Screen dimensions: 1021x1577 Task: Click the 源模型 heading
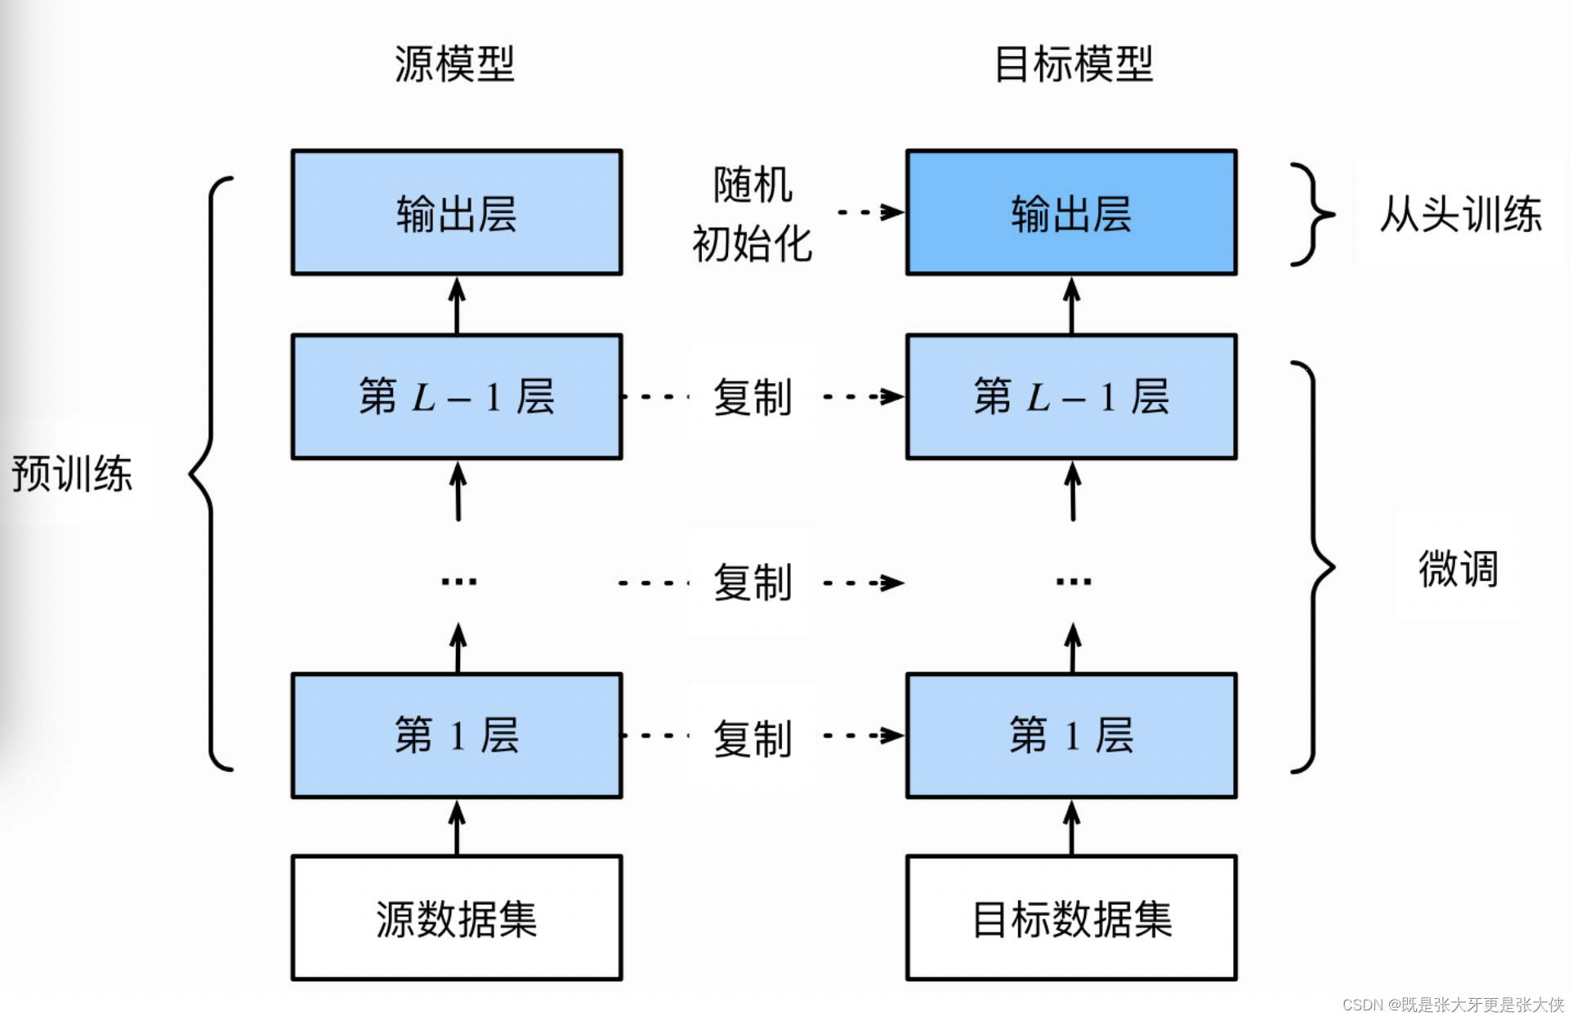454,64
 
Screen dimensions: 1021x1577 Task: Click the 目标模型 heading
1073,64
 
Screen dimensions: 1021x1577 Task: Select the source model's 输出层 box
457,212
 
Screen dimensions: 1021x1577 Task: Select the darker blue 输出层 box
1071,212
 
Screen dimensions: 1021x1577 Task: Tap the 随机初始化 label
752,214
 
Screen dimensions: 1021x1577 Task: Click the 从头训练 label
1460,214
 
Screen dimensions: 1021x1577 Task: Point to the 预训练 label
72,474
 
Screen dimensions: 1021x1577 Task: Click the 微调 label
1459,568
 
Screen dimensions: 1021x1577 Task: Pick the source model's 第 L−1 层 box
457,397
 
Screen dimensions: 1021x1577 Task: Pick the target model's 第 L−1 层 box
1071,397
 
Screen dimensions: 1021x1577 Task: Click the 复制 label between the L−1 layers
753,397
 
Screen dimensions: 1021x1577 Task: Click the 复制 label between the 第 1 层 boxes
753,738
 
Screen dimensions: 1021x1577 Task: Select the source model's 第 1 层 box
457,735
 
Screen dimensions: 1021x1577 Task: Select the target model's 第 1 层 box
1071,735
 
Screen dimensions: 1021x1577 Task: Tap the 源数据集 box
457,918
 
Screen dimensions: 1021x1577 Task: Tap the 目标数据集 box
1071,918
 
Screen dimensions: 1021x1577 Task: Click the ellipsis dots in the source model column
458,582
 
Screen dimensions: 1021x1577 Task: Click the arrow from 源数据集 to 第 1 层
457,827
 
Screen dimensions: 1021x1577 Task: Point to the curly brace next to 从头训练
1312,215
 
